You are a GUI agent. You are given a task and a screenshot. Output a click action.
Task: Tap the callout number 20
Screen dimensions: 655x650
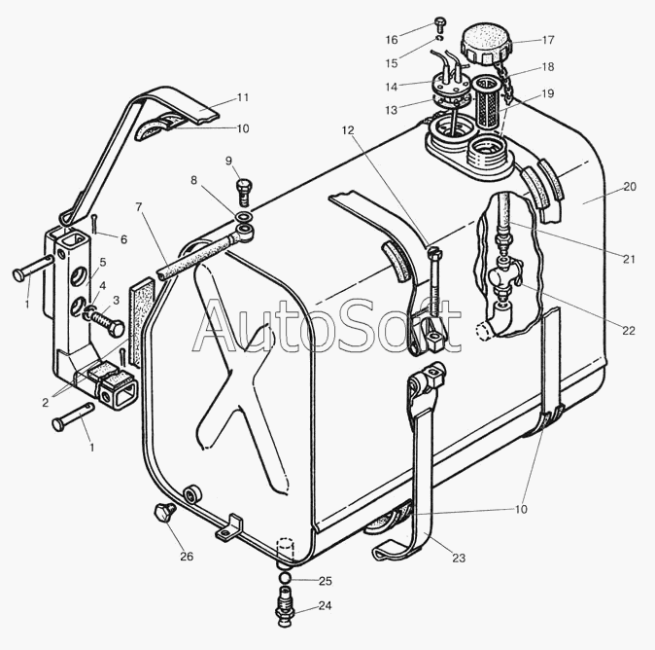629,187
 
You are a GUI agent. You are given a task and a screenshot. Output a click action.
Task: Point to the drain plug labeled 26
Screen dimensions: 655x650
164,513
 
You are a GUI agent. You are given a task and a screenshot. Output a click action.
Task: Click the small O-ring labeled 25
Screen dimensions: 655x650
285,578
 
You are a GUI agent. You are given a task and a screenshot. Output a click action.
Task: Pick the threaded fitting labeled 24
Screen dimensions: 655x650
285,605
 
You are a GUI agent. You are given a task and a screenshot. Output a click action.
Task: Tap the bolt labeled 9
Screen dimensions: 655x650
244,192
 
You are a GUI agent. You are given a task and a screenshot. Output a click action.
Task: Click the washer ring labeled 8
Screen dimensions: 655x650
244,217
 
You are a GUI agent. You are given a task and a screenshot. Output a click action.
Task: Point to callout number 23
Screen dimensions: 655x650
459,558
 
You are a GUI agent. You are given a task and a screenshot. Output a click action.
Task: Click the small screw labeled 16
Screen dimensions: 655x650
439,24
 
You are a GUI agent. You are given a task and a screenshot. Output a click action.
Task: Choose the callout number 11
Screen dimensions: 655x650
243,97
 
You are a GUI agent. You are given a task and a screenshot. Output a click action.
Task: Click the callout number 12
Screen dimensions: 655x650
348,130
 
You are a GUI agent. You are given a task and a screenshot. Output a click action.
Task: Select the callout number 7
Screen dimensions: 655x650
139,206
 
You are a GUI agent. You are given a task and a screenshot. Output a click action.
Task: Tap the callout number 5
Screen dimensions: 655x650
102,263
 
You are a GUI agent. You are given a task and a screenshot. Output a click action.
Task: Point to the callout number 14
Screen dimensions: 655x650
392,87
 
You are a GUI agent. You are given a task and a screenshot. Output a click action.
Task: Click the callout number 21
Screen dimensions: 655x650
629,260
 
